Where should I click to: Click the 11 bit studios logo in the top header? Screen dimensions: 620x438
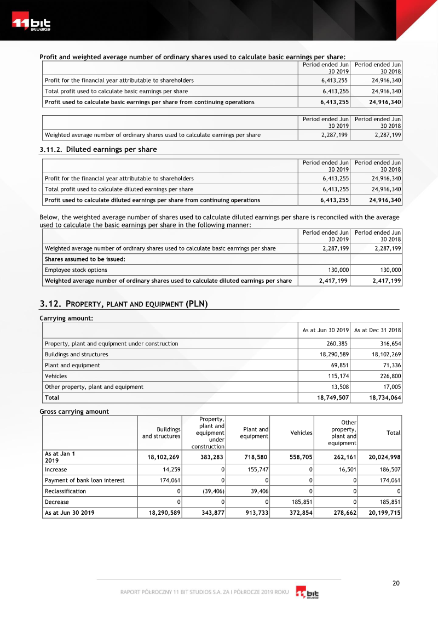[x=31, y=25]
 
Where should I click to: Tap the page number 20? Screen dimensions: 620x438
[x=396, y=583]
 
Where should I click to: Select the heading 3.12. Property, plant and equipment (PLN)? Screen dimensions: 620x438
[x=124, y=304]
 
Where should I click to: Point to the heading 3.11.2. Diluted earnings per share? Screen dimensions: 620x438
[x=99, y=150]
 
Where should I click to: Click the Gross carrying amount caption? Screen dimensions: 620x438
[x=74, y=412]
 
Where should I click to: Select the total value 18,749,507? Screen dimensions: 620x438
[x=333, y=397]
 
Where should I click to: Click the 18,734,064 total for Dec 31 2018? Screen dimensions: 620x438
[x=385, y=397]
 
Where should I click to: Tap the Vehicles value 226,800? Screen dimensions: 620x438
[x=389, y=376]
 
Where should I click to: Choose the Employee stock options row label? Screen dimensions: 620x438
[x=76, y=270]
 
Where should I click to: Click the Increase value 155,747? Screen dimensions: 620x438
[x=256, y=470]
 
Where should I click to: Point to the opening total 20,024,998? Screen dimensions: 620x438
[x=380, y=457]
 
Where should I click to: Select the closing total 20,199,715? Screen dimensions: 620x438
[x=380, y=513]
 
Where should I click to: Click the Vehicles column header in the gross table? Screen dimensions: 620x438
[x=301, y=433]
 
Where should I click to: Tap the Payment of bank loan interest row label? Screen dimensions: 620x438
[x=85, y=480]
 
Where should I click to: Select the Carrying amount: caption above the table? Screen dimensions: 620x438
[x=66, y=318]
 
